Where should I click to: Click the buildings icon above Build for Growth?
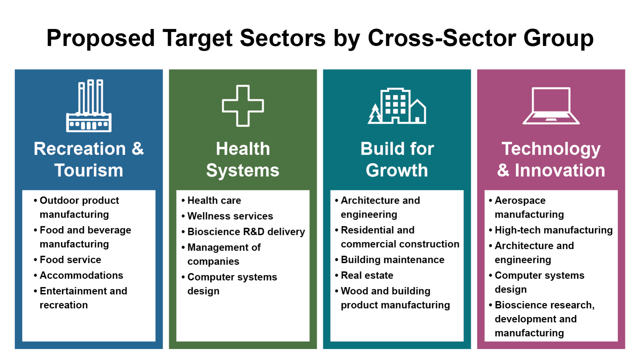(x=397, y=106)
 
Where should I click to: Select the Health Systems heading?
(x=243, y=159)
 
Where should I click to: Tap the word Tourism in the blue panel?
(x=89, y=170)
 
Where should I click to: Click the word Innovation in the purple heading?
(x=560, y=170)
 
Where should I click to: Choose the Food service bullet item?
(x=70, y=260)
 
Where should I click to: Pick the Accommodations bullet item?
(x=81, y=275)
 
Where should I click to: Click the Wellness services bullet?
(x=230, y=216)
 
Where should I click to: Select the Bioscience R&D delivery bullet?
(x=246, y=232)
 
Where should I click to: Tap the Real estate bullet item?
(x=367, y=275)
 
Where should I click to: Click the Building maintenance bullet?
(x=393, y=260)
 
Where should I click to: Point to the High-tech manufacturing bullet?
(x=554, y=230)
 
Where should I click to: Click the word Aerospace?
(x=520, y=201)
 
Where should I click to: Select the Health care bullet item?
(x=214, y=200)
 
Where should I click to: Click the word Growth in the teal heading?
(x=397, y=170)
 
